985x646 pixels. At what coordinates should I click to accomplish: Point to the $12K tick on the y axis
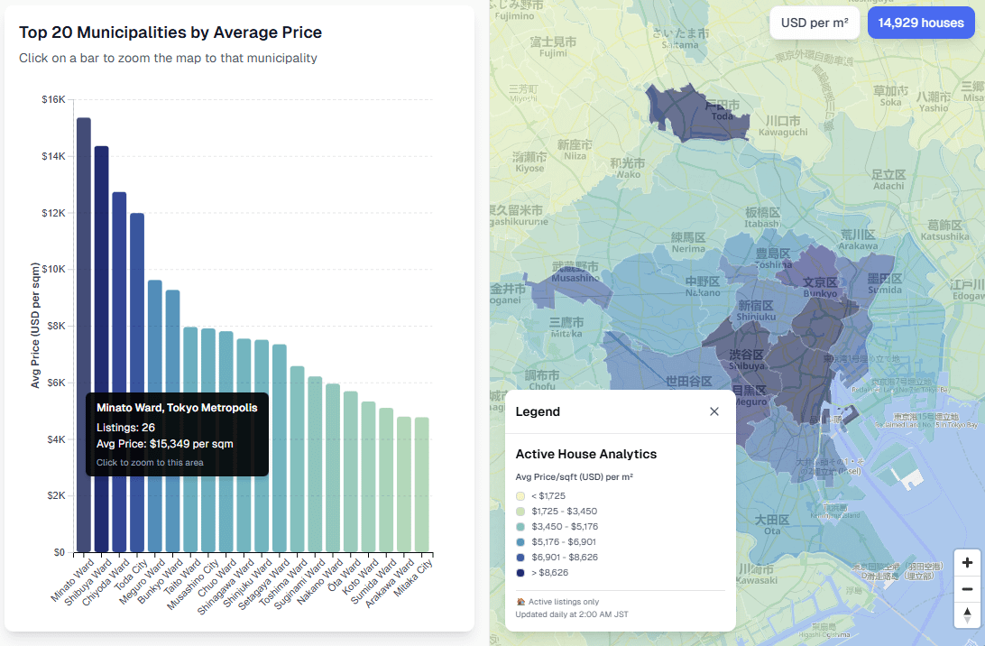[x=53, y=213]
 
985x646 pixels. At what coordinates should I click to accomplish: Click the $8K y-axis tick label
[x=53, y=327]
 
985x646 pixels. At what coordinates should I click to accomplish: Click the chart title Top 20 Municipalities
[x=170, y=32]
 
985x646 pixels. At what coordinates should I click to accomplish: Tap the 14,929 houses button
[x=921, y=23]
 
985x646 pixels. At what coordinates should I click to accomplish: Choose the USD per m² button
[x=815, y=23]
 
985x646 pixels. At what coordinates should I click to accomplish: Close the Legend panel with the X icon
[x=714, y=411]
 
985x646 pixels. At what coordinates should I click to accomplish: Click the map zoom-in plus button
[x=967, y=563]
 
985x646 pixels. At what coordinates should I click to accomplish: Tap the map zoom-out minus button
[x=967, y=589]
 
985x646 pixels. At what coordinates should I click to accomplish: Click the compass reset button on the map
[x=967, y=614]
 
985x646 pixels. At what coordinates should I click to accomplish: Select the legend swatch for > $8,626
[x=520, y=573]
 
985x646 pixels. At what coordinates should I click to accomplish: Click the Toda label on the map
[x=722, y=115]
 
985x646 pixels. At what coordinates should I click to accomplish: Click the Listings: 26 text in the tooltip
[x=125, y=427]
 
